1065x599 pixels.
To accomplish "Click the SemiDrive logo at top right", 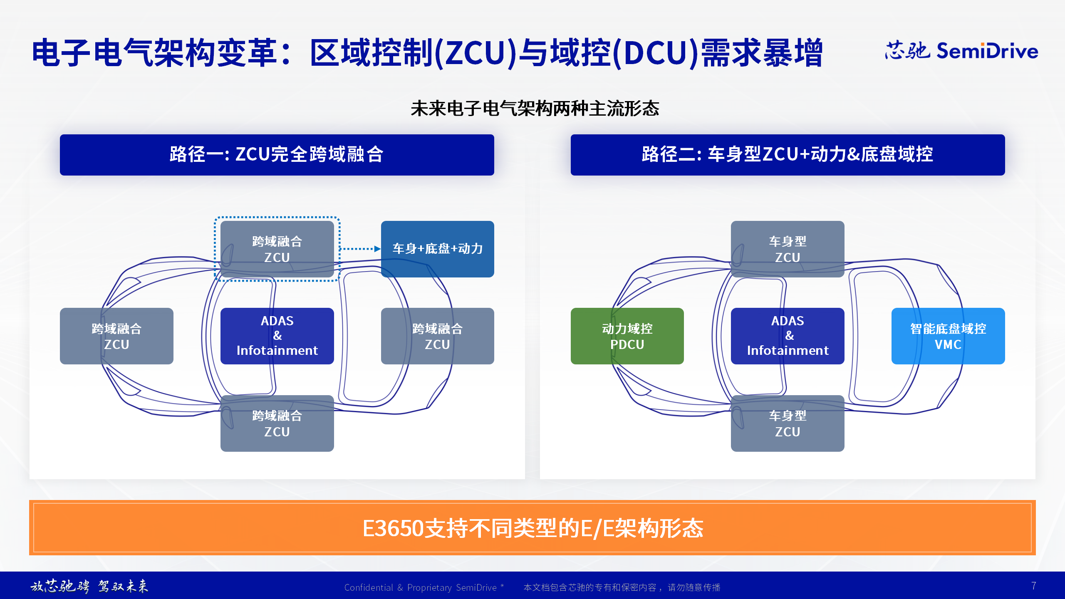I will coord(961,51).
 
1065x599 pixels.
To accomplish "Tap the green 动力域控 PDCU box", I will coord(627,336).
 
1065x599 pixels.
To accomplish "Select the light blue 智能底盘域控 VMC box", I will coord(948,336).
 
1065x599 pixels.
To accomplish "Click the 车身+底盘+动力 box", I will coord(437,249).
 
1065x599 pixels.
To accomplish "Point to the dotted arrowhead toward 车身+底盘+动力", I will coord(377,249).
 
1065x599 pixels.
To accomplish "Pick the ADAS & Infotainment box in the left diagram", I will coord(277,336).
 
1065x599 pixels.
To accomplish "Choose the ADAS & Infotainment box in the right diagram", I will coord(787,336).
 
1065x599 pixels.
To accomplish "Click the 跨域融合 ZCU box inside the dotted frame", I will coord(277,249).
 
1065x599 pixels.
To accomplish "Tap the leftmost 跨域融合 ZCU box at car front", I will coord(116,336).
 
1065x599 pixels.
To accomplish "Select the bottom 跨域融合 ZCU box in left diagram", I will coord(277,423).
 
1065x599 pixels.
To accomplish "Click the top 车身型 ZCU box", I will coord(787,249).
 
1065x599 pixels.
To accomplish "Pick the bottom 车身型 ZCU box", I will coord(787,423).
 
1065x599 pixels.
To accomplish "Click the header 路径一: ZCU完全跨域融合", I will coord(277,155).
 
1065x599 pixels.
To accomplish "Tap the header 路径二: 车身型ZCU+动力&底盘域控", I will coord(787,155).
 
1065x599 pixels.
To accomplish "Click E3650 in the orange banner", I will coord(393,528).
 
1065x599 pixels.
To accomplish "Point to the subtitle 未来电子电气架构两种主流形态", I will coord(535,109).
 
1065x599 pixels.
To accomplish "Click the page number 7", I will coord(1033,586).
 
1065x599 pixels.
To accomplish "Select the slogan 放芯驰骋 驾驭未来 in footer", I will coord(89,586).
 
